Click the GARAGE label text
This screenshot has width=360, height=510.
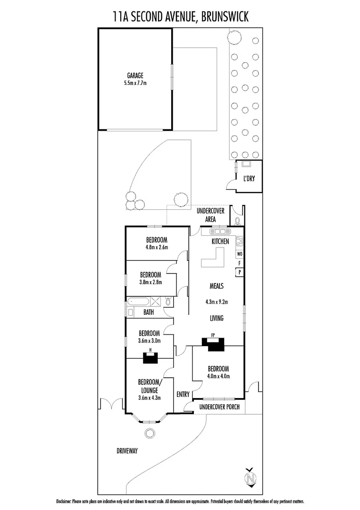(x=135, y=76)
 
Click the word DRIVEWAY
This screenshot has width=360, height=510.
(x=127, y=451)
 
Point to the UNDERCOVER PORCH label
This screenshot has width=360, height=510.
(x=219, y=407)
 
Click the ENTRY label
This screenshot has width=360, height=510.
(x=183, y=394)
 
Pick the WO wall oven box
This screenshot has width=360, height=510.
(x=240, y=254)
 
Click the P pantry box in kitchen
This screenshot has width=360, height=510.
(x=240, y=272)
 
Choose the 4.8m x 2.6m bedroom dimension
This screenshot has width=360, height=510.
(x=157, y=246)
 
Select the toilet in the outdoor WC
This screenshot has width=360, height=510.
(x=237, y=220)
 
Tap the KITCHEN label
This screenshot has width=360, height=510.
(x=220, y=241)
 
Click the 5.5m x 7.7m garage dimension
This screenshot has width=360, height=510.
(x=135, y=83)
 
